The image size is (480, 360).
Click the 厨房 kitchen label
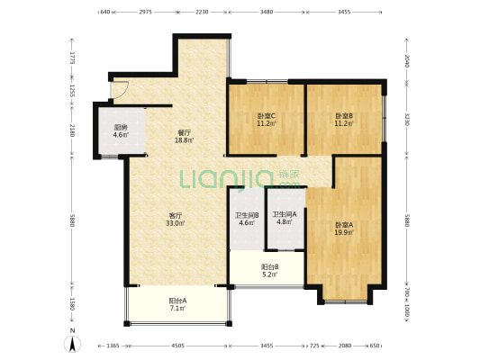click(x=121, y=128)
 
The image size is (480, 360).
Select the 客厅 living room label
click(x=176, y=215)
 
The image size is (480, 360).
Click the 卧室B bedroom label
click(x=344, y=116)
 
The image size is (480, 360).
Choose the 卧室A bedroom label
click(x=344, y=225)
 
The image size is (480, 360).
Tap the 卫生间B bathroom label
click(x=247, y=215)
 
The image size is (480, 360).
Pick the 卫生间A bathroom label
click(x=285, y=214)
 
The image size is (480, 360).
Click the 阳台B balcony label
click(x=269, y=267)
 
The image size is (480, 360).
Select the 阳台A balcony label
click(x=177, y=301)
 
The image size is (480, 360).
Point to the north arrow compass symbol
click(x=73, y=343)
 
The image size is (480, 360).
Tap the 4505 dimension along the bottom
click(x=177, y=346)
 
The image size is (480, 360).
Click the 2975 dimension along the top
click(x=145, y=12)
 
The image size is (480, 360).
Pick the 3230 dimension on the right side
click(x=407, y=120)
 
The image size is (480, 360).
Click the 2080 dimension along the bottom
click(x=345, y=346)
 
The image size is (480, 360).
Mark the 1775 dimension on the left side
click(x=73, y=58)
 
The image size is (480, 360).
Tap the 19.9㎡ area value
click(x=344, y=232)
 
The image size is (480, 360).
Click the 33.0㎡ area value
click(x=176, y=223)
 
